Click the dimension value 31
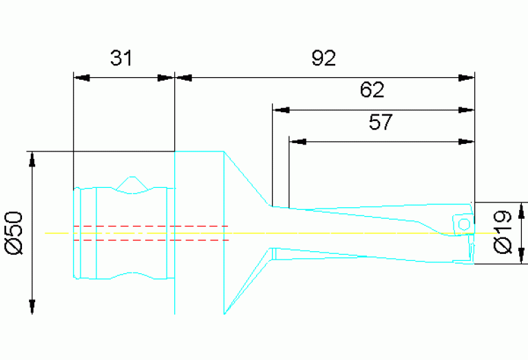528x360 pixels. (x=121, y=58)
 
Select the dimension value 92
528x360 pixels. (x=324, y=58)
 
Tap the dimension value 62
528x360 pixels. (x=372, y=90)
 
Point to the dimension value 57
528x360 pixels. (x=381, y=122)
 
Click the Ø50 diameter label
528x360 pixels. (x=14, y=233)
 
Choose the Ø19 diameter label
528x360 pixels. (x=503, y=232)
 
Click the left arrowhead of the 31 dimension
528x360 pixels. (x=81, y=78)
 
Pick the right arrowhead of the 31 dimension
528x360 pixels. (x=166, y=78)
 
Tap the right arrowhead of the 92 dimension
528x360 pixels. (x=466, y=78)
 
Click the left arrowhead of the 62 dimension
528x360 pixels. (x=281, y=110)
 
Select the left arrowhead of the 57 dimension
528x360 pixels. (x=297, y=142)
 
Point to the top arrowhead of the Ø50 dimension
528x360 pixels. (x=32, y=159)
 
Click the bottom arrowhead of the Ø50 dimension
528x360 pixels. (x=32, y=306)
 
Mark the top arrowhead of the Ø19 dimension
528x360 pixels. (x=522, y=211)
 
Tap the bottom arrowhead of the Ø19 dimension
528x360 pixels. (x=522, y=256)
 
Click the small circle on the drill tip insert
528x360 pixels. (x=464, y=224)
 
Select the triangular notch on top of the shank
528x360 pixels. (x=132, y=184)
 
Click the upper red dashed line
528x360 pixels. (x=151, y=226)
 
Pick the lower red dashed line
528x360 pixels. (x=151, y=240)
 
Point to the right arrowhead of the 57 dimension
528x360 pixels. (x=466, y=142)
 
